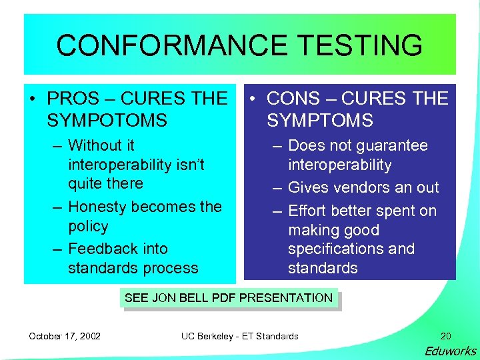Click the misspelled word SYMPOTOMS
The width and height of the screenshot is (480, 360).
tap(107, 121)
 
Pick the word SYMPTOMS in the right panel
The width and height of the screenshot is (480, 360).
tap(320, 121)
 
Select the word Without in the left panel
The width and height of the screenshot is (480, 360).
tap(93, 145)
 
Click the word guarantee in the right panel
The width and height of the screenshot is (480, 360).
tap(393, 145)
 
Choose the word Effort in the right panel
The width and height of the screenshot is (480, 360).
tap(306, 211)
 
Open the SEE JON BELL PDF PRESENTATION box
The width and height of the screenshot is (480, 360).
tap(229, 298)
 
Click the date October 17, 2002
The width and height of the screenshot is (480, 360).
tap(65, 336)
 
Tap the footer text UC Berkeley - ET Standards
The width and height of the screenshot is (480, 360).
tap(240, 336)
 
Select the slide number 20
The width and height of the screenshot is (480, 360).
tap(445, 336)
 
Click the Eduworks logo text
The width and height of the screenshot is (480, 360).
tap(451, 351)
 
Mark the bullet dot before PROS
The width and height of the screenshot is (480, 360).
tap(33, 99)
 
